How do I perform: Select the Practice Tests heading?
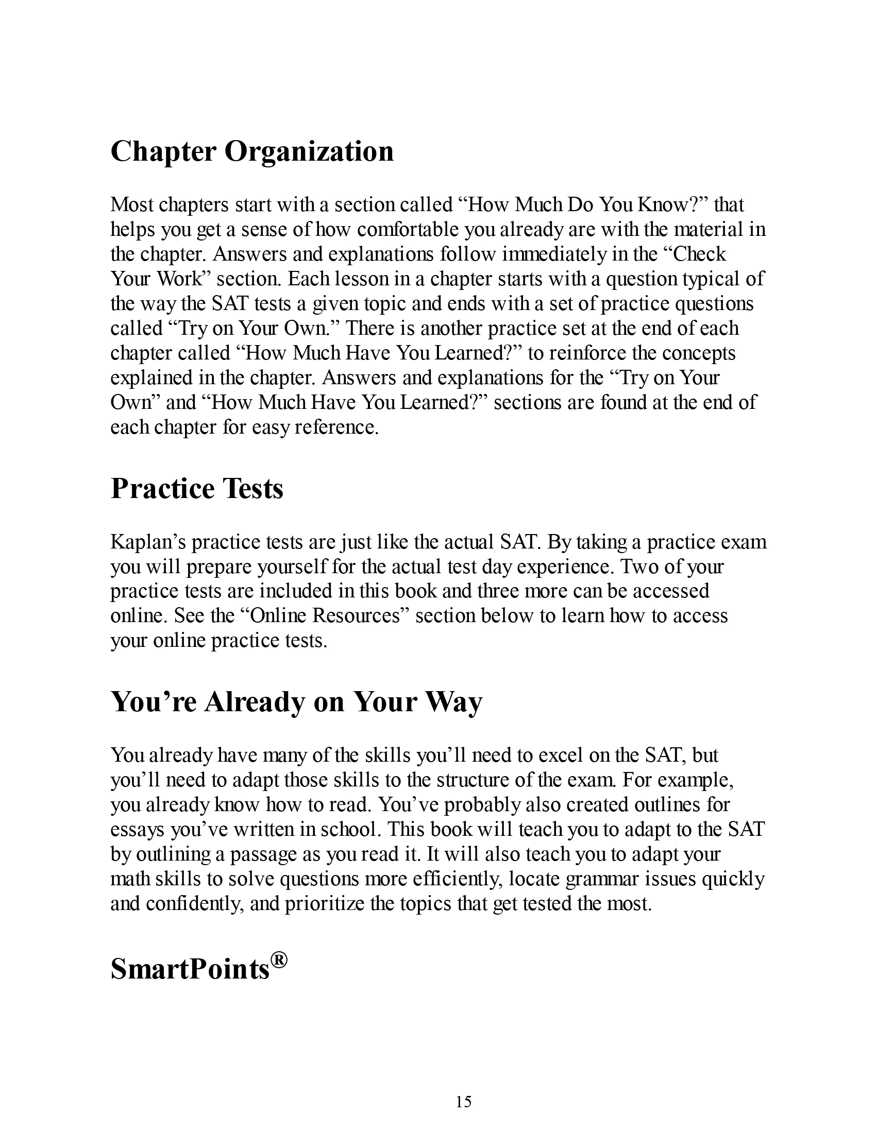[197, 489]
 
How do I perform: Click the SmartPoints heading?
[191, 969]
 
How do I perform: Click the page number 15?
[463, 1100]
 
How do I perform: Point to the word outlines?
[667, 804]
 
